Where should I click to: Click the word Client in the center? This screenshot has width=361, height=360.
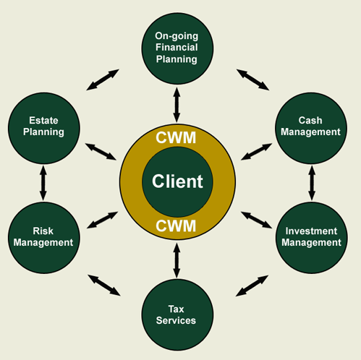pyautogui.click(x=177, y=181)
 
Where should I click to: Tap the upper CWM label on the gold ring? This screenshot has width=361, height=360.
pyautogui.click(x=176, y=138)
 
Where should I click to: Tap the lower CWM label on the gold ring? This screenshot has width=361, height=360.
pyautogui.click(x=176, y=226)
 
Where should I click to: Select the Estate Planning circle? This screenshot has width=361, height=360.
pyautogui.click(x=44, y=128)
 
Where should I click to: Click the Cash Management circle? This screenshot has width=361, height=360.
pyautogui.click(x=311, y=128)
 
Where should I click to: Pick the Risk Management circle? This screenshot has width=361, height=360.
pyautogui.click(x=44, y=238)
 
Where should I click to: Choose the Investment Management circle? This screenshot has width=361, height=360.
pyautogui.click(x=312, y=238)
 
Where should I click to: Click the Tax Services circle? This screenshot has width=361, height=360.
pyautogui.click(x=177, y=315)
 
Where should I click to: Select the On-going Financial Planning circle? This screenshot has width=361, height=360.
pyautogui.click(x=177, y=48)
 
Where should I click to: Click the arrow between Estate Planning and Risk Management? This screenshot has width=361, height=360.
pyautogui.click(x=43, y=183)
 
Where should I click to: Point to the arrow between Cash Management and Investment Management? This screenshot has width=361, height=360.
pyautogui.click(x=312, y=183)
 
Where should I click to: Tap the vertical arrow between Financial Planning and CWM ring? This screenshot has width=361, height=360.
pyautogui.click(x=177, y=105)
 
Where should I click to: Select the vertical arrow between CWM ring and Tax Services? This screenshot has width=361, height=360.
pyautogui.click(x=177, y=260)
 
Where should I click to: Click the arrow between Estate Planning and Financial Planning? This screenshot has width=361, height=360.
pyautogui.click(x=103, y=80)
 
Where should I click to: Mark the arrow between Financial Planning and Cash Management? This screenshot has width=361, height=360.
pyautogui.click(x=252, y=80)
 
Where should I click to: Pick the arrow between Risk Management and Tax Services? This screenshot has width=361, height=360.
pyautogui.click(x=104, y=285)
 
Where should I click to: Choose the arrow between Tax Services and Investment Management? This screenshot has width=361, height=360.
pyautogui.click(x=252, y=286)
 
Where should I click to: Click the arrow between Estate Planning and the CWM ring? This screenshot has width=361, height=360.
pyautogui.click(x=101, y=152)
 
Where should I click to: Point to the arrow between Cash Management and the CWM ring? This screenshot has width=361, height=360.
pyautogui.click(x=256, y=152)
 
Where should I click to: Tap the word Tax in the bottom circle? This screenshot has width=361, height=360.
pyautogui.click(x=176, y=309)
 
